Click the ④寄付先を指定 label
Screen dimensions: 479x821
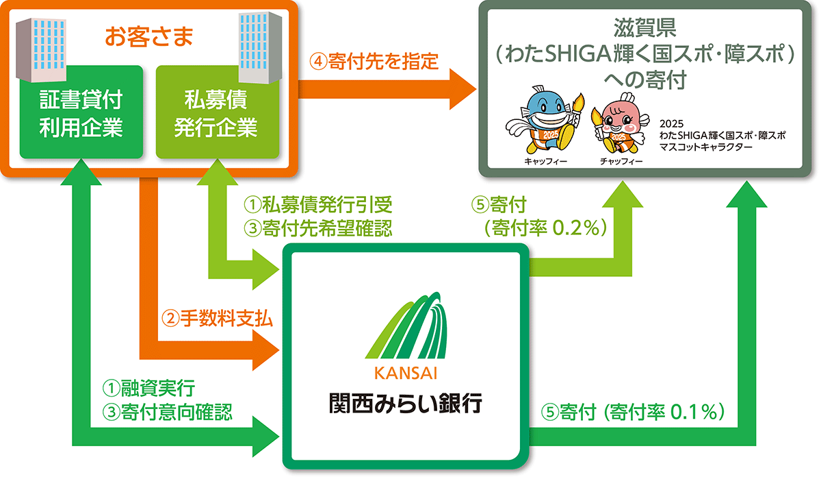pos(373,61)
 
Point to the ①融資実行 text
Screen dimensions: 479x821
pos(148,389)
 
